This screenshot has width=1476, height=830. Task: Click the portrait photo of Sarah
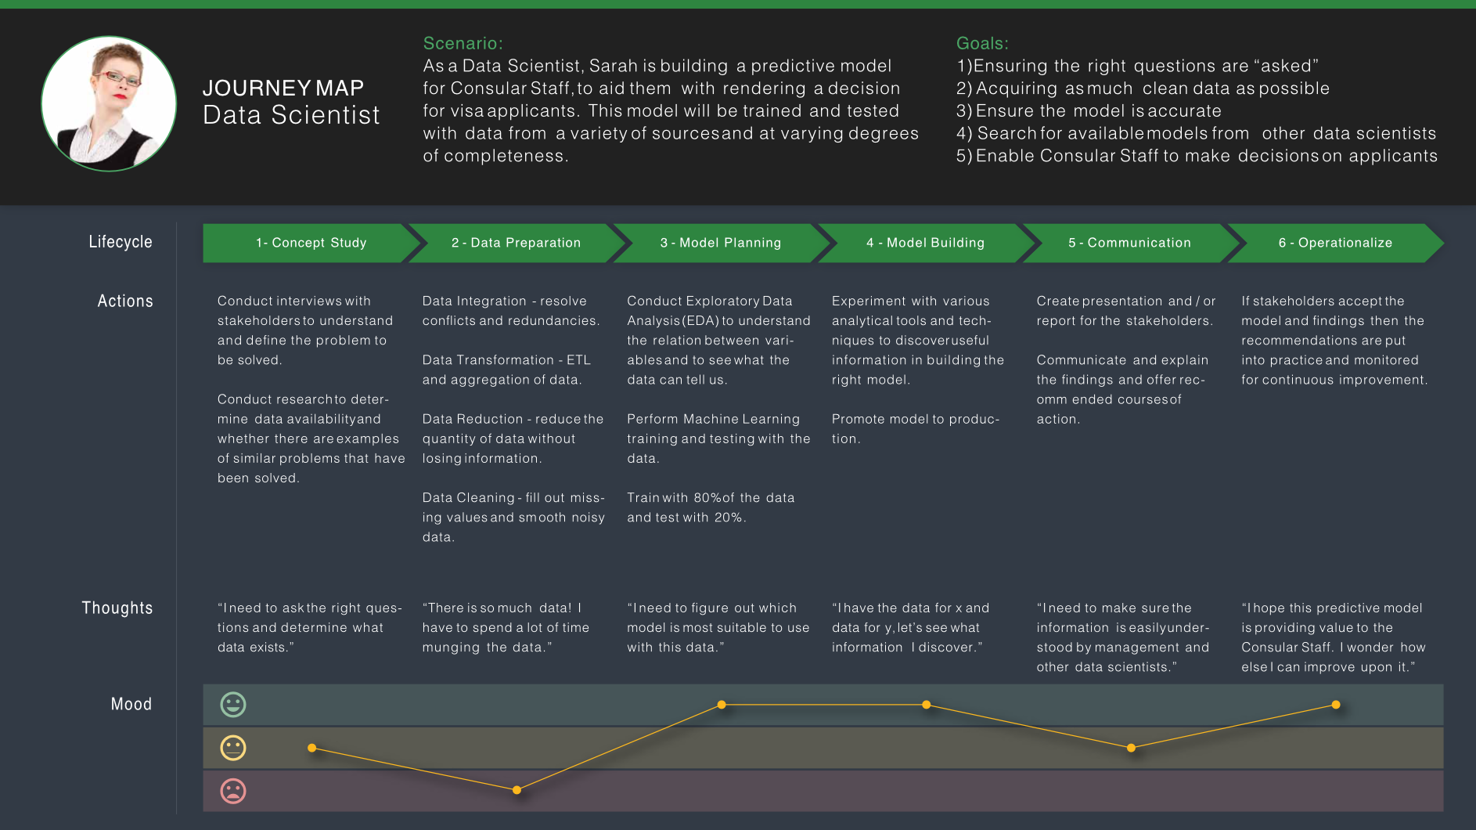109,103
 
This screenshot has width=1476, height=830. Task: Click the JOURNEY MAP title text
283,88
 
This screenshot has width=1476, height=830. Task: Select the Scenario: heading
463,43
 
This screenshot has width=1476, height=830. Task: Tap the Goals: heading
982,43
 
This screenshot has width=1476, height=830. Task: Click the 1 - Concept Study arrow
310,243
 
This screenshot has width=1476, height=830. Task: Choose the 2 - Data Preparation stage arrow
516,243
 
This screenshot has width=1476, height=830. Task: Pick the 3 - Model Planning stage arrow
720,243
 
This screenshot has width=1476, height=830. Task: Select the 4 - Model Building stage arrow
925,243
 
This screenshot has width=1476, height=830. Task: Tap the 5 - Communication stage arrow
1129,243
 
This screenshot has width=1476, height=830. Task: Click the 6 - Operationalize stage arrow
1335,243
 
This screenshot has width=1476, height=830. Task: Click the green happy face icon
233,705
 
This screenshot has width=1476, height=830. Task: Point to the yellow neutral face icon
233,748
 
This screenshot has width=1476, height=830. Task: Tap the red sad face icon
233,791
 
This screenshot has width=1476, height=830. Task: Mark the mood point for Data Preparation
517,790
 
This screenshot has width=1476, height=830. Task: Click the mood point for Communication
1131,748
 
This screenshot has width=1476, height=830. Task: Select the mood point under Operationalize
1336,705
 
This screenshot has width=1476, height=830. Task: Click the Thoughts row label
117,608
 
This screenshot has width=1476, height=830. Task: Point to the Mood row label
131,704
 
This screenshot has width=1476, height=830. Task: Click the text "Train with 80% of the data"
710,498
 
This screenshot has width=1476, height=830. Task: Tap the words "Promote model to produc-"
915,420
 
